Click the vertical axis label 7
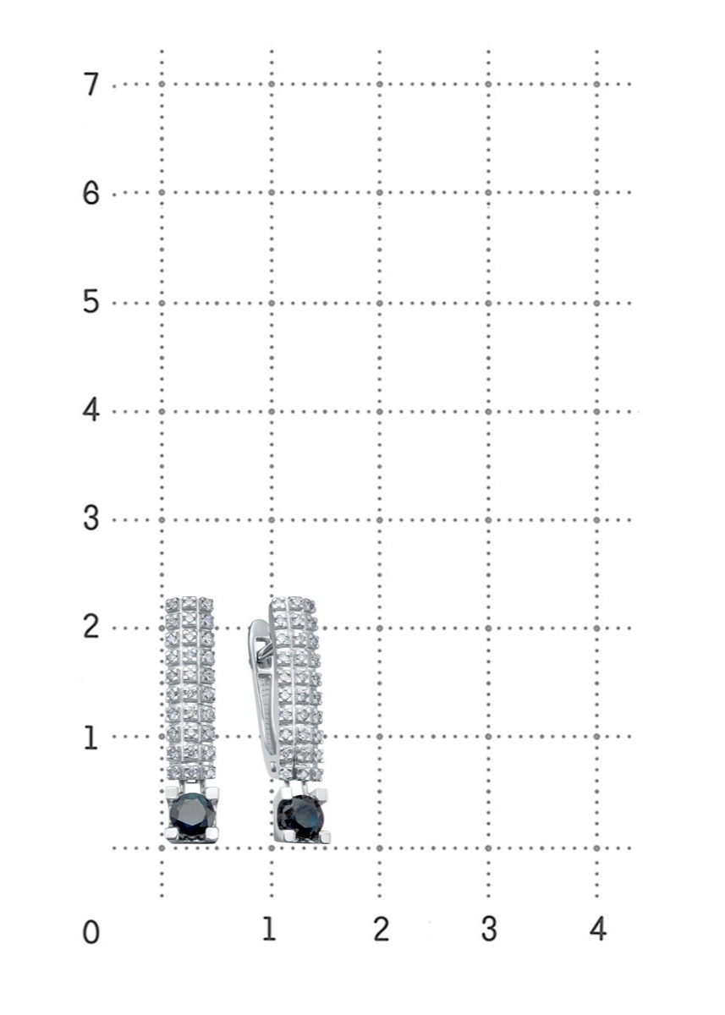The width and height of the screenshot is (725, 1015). (91, 85)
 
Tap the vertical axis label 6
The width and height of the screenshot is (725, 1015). (91, 194)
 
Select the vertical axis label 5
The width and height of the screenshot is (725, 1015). (91, 303)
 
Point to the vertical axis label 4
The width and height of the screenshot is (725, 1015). (91, 411)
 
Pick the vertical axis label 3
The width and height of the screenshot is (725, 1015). (91, 519)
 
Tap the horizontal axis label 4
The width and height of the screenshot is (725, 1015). (597, 929)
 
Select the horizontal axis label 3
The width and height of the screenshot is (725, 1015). (489, 929)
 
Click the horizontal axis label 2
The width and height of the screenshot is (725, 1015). (381, 929)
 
